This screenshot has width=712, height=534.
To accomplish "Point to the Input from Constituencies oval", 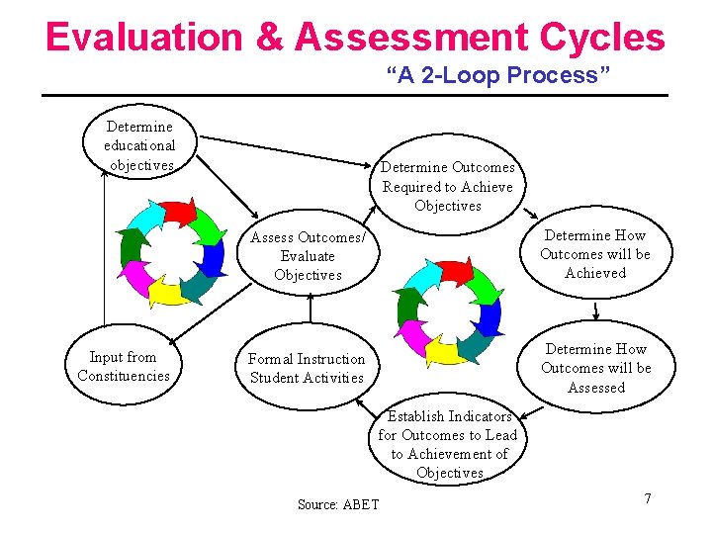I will (x=124, y=366).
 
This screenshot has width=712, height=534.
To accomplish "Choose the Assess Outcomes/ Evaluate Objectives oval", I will (x=308, y=256).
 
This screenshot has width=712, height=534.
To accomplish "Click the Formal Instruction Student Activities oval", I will (x=307, y=368).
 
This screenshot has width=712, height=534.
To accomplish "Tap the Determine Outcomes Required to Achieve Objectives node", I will (x=448, y=186).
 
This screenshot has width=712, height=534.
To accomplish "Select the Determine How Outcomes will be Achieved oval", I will (x=595, y=254).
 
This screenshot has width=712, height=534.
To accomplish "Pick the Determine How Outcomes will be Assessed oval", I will (x=595, y=368).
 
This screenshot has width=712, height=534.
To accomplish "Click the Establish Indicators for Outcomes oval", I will (x=449, y=444).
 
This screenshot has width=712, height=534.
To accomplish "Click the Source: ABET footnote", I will (x=338, y=504).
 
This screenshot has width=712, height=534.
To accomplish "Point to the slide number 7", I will (x=648, y=498).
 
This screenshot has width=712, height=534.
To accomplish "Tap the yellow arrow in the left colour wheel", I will (x=168, y=294).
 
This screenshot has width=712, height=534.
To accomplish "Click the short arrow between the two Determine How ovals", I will (x=596, y=311).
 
